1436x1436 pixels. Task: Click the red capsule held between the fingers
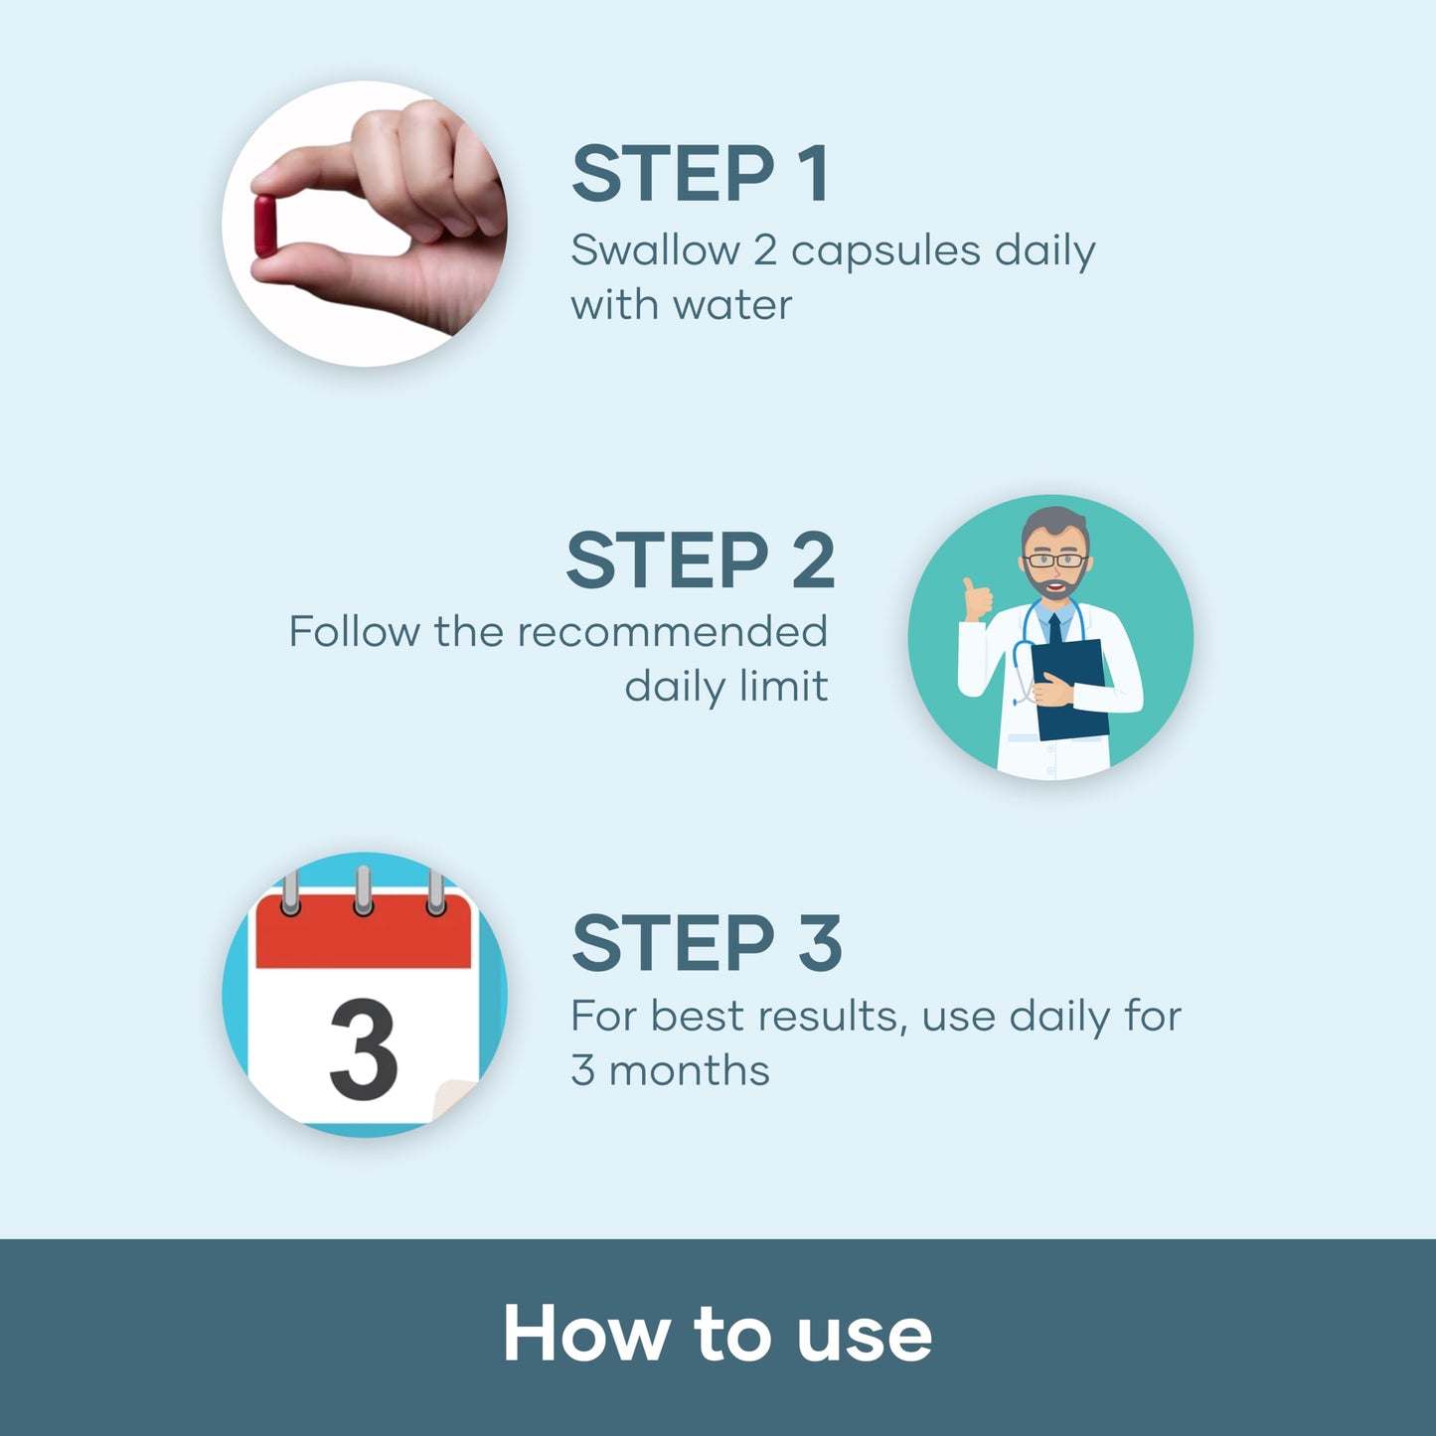(264, 226)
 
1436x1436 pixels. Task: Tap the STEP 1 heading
(700, 174)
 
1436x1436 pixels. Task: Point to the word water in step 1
(731, 305)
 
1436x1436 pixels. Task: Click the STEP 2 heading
(701, 559)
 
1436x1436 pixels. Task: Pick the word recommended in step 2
(672, 631)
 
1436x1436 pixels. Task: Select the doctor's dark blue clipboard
(1070, 690)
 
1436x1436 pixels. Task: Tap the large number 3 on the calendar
(363, 1048)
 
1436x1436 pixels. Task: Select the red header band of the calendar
(363, 931)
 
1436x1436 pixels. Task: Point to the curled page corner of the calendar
(454, 1099)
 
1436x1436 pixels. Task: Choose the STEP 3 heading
(707, 943)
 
